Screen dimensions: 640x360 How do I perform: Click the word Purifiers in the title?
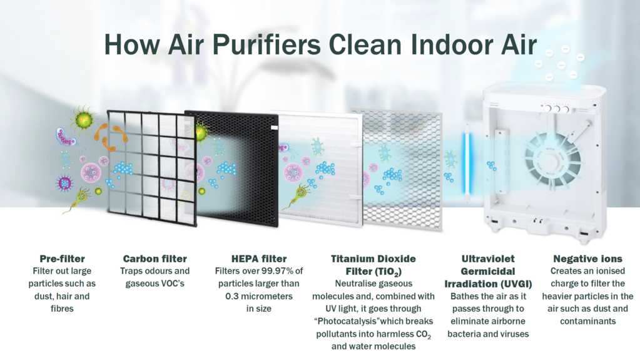click(x=267, y=44)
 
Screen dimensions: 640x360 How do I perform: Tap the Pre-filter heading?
click(x=62, y=259)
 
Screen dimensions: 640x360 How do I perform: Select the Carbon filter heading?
click(x=155, y=259)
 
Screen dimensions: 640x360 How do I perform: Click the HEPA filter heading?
click(x=259, y=259)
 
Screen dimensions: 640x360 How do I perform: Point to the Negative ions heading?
click(x=587, y=259)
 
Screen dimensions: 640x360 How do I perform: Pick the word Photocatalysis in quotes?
click(x=348, y=321)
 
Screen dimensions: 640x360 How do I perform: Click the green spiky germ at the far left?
click(x=83, y=120)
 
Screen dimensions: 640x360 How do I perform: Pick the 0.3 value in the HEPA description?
click(x=232, y=296)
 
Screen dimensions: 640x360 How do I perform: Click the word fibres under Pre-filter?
click(x=62, y=309)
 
